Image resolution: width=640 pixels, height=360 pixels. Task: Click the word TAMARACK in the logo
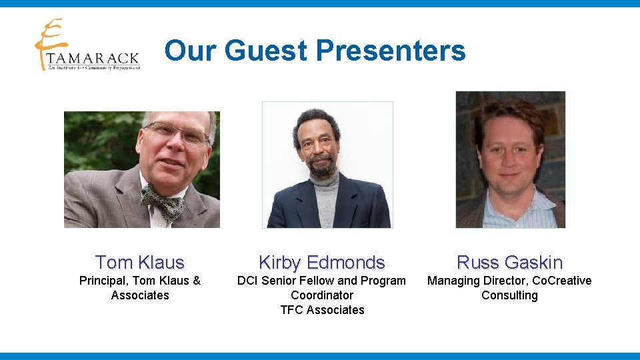[93, 59]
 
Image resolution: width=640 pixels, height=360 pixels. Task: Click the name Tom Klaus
[140, 262]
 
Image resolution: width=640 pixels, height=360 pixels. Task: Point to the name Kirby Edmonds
[322, 262]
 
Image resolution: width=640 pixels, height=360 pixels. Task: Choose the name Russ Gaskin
[510, 262]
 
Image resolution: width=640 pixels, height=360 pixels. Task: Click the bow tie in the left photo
[163, 201]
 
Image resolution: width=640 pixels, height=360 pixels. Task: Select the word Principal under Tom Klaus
[103, 281]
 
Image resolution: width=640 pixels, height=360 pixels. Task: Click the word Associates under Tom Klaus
[140, 295]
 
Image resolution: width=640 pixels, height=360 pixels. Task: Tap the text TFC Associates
[322, 310]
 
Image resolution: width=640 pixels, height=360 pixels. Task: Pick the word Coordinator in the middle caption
[322, 295]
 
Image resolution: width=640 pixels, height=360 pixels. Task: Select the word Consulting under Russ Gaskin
[509, 295]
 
